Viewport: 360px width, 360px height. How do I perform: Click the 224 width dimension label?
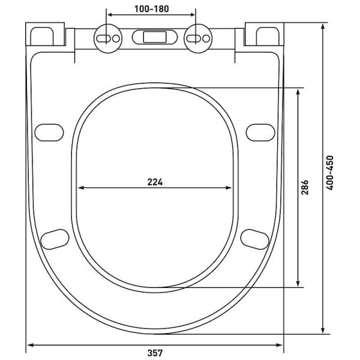(155, 182)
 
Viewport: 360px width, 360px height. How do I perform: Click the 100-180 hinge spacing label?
(151, 10)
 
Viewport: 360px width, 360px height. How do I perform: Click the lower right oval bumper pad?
(255, 238)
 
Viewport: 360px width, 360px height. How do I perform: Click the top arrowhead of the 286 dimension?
(298, 89)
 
